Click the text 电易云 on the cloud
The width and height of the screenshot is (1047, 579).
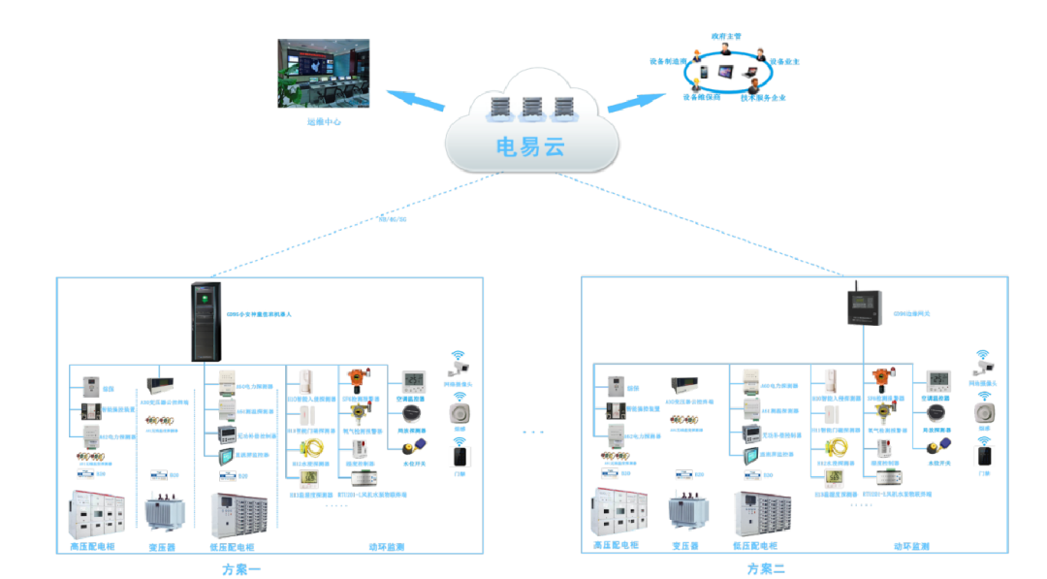coord(529,147)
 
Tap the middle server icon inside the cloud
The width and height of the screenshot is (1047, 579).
coord(531,108)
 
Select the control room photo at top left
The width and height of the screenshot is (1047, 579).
coord(324,74)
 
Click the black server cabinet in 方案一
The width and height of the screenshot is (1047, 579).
coord(205,321)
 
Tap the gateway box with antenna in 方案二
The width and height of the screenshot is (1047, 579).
coord(864,306)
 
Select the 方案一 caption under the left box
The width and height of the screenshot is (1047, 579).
coord(242,569)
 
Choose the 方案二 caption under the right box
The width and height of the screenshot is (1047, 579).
coord(766,569)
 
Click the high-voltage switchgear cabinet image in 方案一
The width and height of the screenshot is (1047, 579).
coord(96,515)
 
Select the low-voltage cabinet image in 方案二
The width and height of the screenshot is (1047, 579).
coord(762,513)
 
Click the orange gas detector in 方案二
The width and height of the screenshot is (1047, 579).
coord(880,378)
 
